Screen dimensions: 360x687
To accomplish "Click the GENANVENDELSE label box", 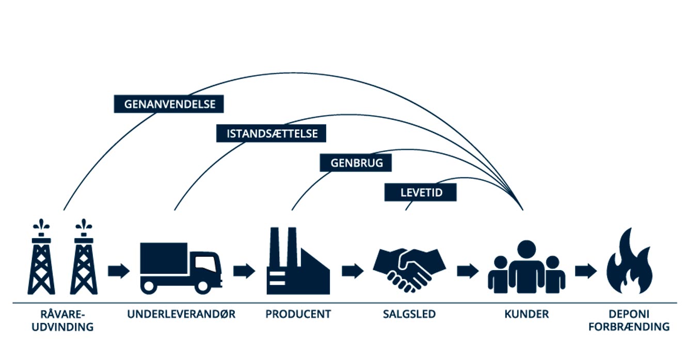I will click(x=169, y=104).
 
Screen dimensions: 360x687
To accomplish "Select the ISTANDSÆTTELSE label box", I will click(x=272, y=134).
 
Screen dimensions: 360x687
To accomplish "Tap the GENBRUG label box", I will click(x=355, y=163).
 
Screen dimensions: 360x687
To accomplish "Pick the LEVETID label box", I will click(x=421, y=193).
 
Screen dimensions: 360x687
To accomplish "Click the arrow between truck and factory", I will click(x=244, y=271).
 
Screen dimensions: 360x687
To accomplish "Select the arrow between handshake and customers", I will click(x=468, y=271).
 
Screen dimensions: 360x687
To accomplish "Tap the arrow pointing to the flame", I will click(x=586, y=271).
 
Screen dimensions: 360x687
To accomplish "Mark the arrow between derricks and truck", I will click(x=119, y=271).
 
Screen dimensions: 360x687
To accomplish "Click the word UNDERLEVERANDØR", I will click(x=181, y=314).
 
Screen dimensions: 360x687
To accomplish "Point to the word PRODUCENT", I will click(x=298, y=314).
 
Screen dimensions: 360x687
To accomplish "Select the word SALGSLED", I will click(x=409, y=314).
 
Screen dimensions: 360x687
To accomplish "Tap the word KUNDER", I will click(x=526, y=314).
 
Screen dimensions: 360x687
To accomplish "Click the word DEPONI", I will click(x=629, y=314).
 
